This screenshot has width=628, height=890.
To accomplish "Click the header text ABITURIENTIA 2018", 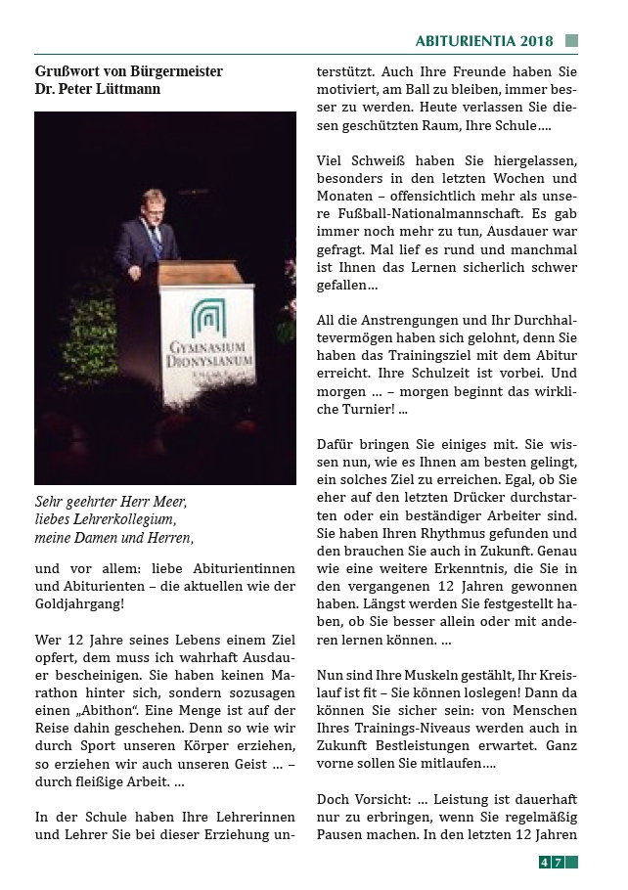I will (484, 41).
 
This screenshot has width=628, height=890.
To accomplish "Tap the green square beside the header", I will (571, 41).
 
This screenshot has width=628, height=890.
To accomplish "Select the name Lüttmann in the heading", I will (126, 89).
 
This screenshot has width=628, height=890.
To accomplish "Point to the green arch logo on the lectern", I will (207, 319).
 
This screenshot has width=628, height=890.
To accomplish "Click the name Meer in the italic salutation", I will (168, 502).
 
